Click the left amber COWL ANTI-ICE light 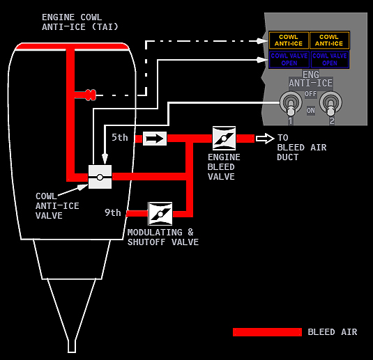tap(289, 40)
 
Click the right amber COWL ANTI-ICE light tap(329, 40)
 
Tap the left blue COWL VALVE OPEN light tap(289, 59)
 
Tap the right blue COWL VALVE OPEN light tap(330, 59)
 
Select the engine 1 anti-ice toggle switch tap(291, 104)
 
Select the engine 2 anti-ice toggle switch tap(330, 104)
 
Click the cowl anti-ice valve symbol tap(100, 177)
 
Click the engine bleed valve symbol tap(224, 139)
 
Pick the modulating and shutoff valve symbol tap(160, 214)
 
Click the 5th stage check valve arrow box tap(155, 139)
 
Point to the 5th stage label tap(120, 138)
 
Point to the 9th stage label tap(113, 212)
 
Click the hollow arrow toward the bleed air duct tap(265, 139)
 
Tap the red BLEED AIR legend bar tap(267, 332)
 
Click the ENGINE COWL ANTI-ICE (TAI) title tap(80, 22)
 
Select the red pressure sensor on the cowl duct tap(91, 95)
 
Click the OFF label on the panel tap(311, 94)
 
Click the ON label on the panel tap(311, 111)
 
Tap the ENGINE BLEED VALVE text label tap(224, 167)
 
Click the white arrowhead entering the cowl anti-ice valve tap(105, 159)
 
